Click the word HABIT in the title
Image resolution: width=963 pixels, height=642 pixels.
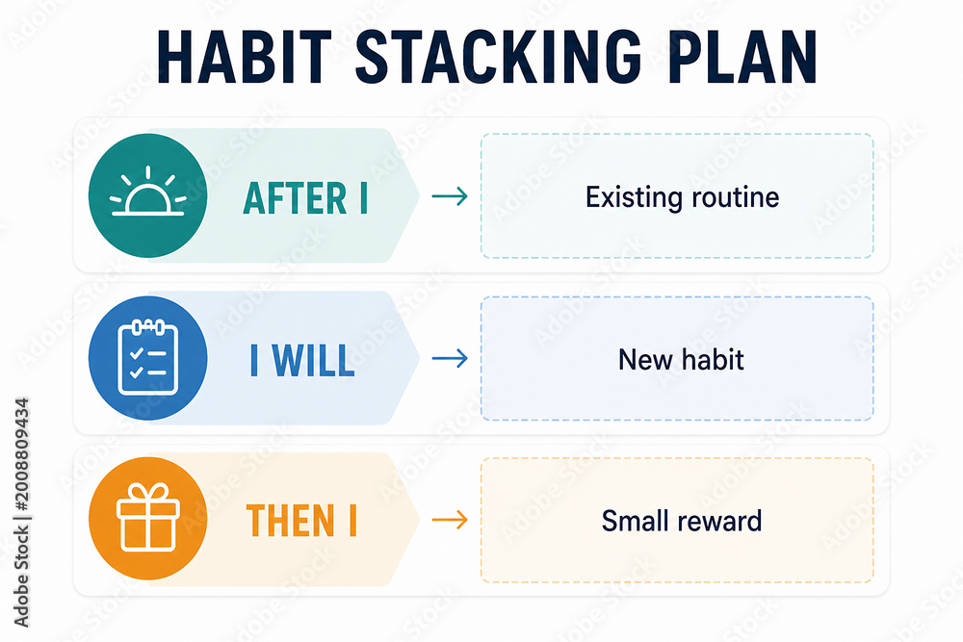[244, 56]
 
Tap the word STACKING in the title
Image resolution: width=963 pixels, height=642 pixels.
[499, 56]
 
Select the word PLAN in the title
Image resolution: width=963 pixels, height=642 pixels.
[742, 56]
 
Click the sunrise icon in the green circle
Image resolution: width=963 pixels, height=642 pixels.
[148, 191]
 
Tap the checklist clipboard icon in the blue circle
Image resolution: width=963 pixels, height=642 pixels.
[148, 357]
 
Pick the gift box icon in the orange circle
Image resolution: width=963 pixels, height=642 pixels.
[148, 517]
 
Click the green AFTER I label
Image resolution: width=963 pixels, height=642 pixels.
[305, 197]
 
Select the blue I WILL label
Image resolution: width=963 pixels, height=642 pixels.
[302, 360]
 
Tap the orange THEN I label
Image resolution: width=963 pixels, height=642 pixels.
[301, 521]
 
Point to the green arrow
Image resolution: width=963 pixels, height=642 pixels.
[450, 196]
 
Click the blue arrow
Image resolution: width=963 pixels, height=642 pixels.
[450, 358]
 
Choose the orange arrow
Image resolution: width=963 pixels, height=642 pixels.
[450, 521]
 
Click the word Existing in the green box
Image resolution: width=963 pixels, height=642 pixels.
[634, 197]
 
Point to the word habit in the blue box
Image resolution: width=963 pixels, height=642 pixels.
[713, 359]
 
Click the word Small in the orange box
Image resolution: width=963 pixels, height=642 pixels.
[636, 521]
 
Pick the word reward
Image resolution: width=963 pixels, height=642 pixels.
[719, 522]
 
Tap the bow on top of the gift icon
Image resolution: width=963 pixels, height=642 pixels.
[148, 492]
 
